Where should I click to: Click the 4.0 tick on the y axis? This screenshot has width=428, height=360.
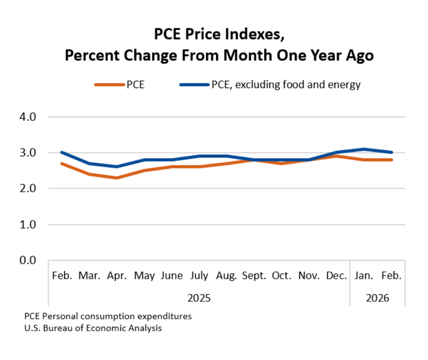click(x=28, y=117)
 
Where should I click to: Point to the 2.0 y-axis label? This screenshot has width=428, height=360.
click(x=28, y=189)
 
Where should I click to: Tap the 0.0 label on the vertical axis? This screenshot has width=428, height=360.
click(x=28, y=260)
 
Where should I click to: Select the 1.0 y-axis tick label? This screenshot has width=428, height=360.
click(x=28, y=224)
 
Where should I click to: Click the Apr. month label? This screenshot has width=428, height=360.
click(x=117, y=276)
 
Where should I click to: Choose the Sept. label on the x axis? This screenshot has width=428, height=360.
click(x=254, y=276)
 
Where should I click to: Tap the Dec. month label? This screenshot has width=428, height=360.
click(x=337, y=276)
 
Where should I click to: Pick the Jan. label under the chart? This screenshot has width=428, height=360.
click(x=364, y=276)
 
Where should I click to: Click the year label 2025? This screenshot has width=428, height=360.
click(x=199, y=298)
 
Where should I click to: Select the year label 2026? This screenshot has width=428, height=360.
click(x=378, y=298)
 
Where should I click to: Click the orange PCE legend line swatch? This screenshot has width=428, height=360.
click(x=109, y=85)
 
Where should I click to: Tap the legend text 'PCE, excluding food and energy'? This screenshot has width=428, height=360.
click(x=286, y=85)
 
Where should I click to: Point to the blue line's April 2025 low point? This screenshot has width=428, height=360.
click(x=117, y=167)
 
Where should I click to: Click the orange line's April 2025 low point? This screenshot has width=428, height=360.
click(x=117, y=178)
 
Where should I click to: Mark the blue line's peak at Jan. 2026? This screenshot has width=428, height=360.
click(x=364, y=149)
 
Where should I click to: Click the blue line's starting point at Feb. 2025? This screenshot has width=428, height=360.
click(x=62, y=152)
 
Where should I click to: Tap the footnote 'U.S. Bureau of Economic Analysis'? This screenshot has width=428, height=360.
click(x=93, y=328)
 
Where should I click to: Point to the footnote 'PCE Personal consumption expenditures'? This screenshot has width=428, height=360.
click(x=108, y=316)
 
